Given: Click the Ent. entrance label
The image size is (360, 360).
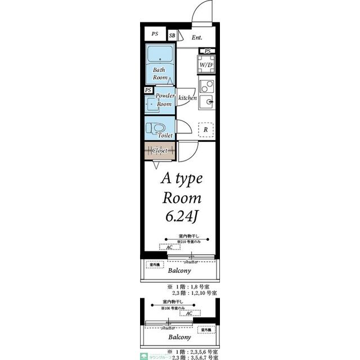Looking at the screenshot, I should click(x=196, y=38).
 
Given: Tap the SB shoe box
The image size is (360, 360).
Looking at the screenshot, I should click(x=172, y=34).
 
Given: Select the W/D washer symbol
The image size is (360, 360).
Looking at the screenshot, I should click(x=206, y=65).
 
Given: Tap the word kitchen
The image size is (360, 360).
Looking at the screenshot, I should click(x=187, y=98).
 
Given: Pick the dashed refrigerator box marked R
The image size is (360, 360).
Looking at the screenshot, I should click(x=206, y=130).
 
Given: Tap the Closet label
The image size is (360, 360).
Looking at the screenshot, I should click(x=160, y=151).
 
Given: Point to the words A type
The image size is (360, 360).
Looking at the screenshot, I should click(x=181, y=178).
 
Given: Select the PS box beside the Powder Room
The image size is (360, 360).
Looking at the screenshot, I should click(x=148, y=90).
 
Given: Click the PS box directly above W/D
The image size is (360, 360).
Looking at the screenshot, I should click(x=208, y=51).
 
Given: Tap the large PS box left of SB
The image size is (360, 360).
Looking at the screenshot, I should click(x=154, y=34).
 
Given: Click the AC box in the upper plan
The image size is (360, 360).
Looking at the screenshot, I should click(x=169, y=247).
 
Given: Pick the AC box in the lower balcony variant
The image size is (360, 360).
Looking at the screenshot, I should click(x=190, y=313).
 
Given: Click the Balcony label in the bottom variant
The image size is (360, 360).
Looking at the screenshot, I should click(x=180, y=337).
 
